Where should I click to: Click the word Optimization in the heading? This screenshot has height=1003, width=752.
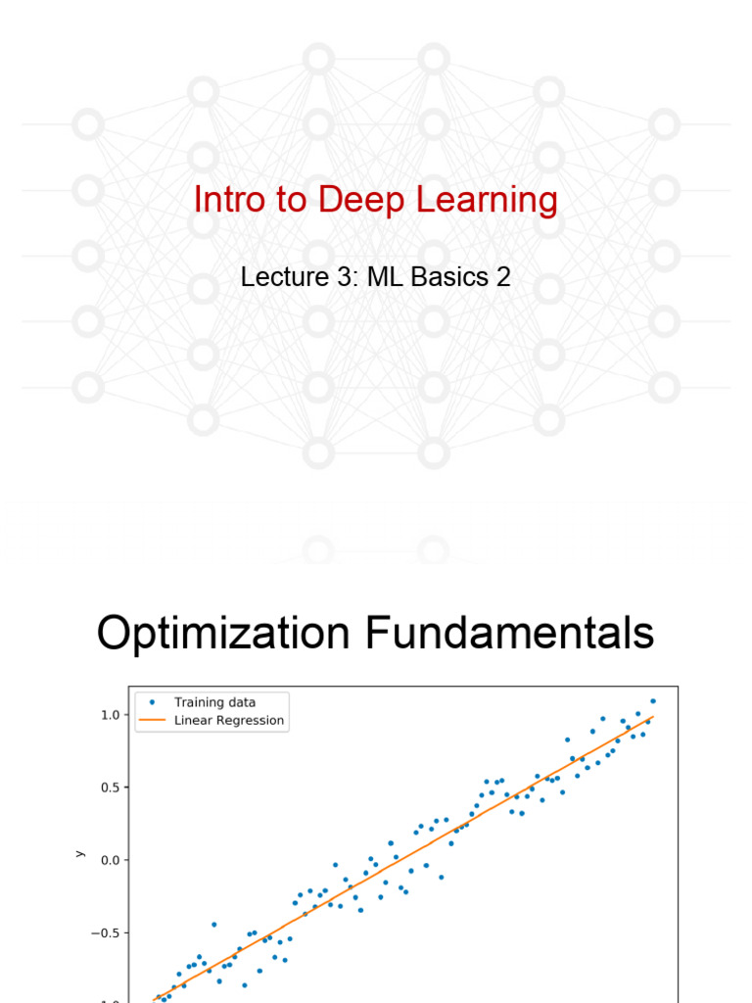coord(224,634)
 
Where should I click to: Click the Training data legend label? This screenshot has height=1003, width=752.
coord(214,701)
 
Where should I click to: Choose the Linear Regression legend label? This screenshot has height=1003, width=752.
coord(229,720)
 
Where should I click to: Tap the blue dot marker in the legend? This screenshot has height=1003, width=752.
coord(151,701)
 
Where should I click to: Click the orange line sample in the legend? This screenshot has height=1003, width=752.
coord(151,721)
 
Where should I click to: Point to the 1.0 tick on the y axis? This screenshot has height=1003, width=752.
coord(110,715)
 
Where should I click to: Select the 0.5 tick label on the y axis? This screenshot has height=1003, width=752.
coord(110,788)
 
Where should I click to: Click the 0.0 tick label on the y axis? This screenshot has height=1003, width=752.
coord(110,860)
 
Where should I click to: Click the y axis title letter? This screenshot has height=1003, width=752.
coord(79,854)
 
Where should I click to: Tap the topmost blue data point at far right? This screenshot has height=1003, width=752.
coord(653,701)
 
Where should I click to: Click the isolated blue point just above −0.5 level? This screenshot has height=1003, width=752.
coord(213,925)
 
